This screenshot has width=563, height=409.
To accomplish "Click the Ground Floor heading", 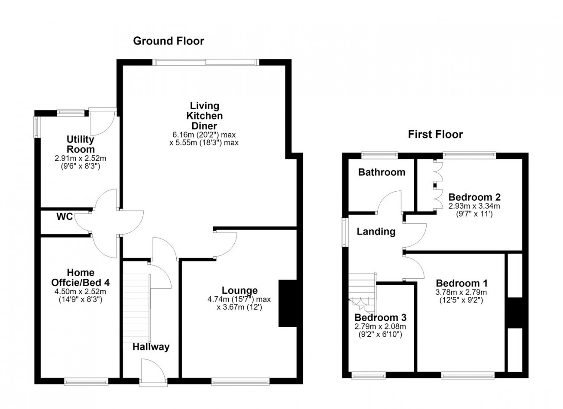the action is click(x=168, y=41).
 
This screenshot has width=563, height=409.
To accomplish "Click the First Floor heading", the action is click(x=435, y=135).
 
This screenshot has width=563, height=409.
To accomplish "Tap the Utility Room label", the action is click(x=81, y=144).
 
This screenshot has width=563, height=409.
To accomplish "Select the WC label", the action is click(x=65, y=216).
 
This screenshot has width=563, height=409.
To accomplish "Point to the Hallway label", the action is click(x=151, y=347).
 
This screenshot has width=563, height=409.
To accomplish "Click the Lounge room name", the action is click(x=239, y=290).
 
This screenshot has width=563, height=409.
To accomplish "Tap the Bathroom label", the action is click(x=382, y=172).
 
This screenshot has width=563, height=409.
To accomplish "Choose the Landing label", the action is click(x=376, y=232).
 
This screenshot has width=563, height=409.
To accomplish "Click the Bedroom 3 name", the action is click(x=380, y=318).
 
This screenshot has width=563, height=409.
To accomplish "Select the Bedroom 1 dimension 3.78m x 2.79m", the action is click(x=461, y=293).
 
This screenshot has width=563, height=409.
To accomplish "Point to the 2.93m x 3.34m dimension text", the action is click(x=474, y=206).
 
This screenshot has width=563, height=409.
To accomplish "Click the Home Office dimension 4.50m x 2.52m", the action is click(x=81, y=292).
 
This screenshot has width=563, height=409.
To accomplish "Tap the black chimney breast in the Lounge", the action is click(x=288, y=303).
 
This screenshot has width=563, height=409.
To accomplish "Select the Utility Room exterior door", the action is click(x=103, y=122).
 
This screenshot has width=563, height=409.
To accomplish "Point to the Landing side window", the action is click(x=344, y=232).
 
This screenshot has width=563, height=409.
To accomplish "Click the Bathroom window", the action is click(x=380, y=155).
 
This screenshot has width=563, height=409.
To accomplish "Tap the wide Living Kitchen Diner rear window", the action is click(x=206, y=62).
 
